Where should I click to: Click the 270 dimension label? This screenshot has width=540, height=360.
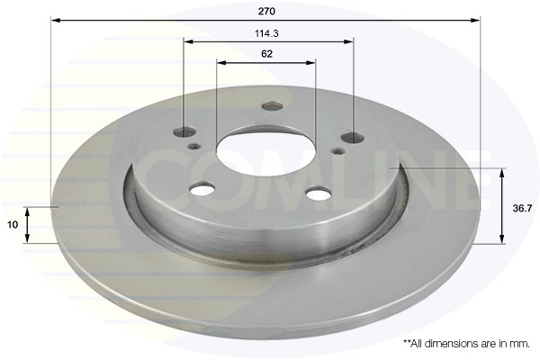[x=266, y=12]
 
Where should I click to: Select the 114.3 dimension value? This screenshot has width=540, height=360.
[x=266, y=33]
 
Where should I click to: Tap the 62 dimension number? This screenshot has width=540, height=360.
[x=267, y=54]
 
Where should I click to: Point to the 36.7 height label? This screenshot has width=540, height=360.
[x=522, y=208]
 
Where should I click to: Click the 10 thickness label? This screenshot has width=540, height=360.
[x=13, y=225]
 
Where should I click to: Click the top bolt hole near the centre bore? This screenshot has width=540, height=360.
[x=272, y=106]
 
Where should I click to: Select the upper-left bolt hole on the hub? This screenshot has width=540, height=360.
[x=184, y=131]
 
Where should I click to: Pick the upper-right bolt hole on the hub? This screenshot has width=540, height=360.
[x=353, y=138]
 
